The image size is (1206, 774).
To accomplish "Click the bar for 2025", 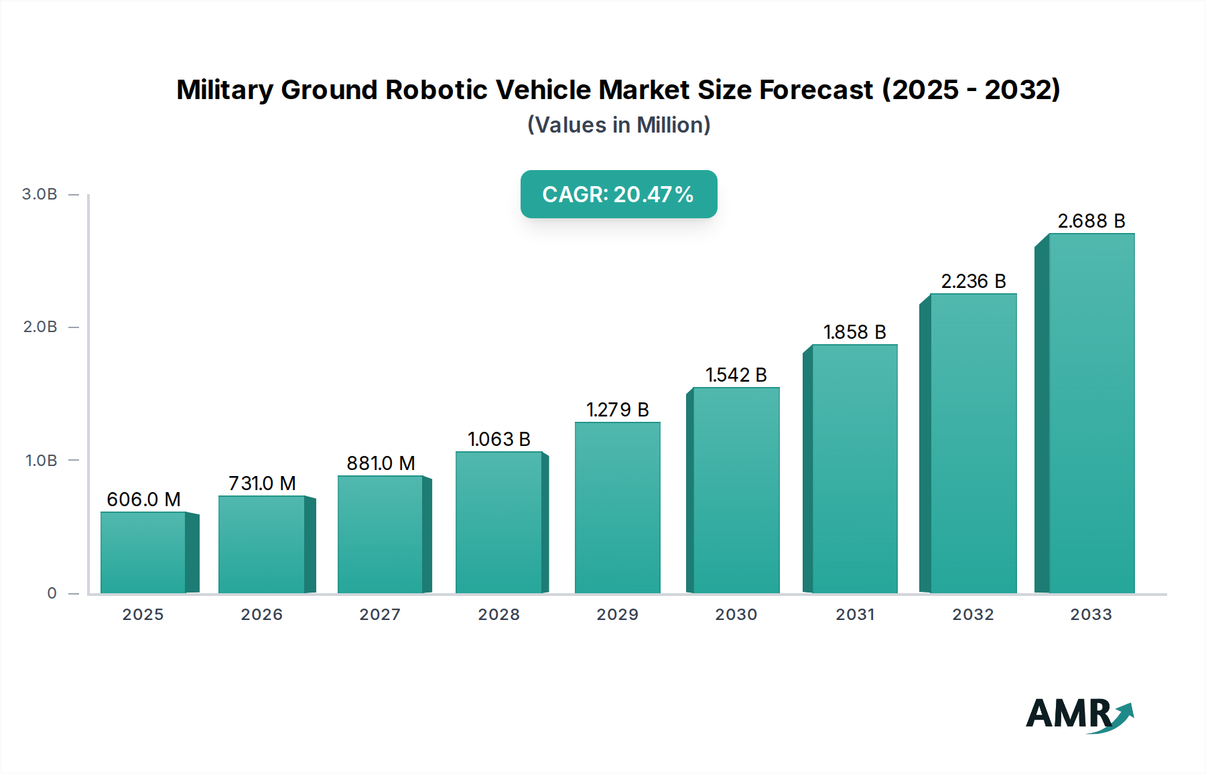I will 143,552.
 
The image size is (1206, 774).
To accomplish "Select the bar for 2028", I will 498,522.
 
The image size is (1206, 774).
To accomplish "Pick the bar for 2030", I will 736,490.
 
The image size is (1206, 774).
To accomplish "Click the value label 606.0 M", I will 143,499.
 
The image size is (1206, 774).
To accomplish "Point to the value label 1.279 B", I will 617,410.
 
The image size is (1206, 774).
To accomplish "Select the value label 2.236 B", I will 973,281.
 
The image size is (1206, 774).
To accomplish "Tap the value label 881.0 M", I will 381,463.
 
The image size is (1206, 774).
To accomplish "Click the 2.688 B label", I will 1091,221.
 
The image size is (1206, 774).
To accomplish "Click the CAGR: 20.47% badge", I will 618,194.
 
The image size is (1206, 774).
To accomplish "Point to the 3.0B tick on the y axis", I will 40,194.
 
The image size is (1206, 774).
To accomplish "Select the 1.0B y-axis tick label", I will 41,461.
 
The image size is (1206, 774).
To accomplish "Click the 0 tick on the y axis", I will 52,593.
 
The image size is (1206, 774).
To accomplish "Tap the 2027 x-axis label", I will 380,615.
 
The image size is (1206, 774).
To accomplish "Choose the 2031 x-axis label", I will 855,615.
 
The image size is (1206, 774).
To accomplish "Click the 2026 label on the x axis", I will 261,615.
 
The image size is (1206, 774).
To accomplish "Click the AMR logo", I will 1079,714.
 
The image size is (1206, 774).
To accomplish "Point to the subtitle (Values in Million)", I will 618,125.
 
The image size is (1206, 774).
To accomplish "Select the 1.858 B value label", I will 854,332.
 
